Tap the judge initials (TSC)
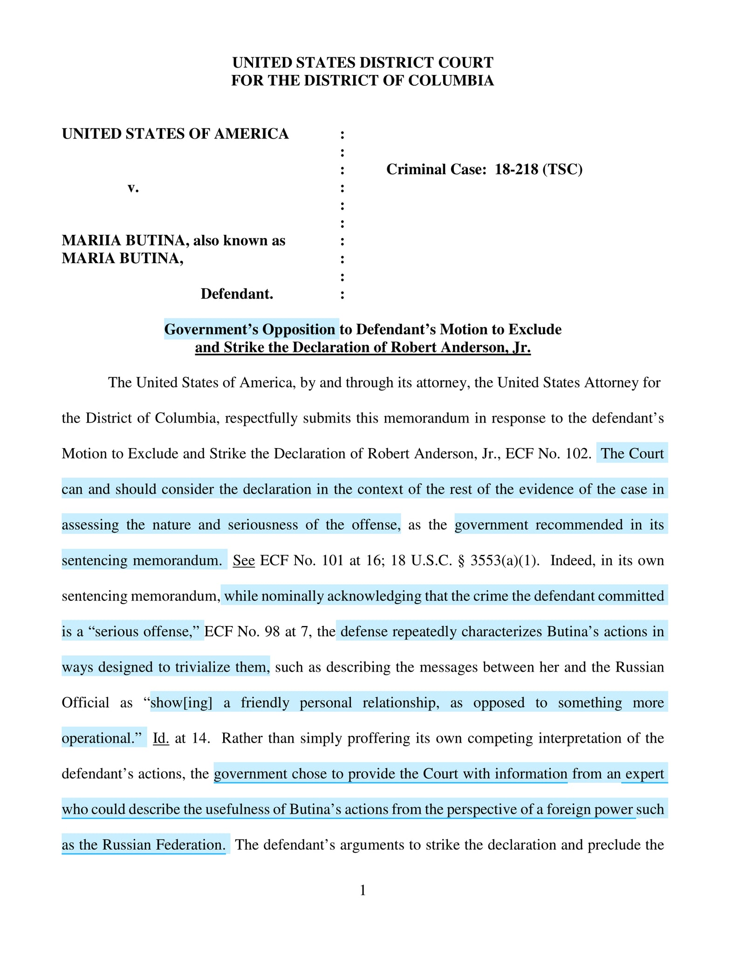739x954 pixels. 562,169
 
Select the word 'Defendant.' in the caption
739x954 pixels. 237,294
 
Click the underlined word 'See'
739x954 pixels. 244,560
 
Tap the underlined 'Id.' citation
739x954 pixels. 161,738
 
